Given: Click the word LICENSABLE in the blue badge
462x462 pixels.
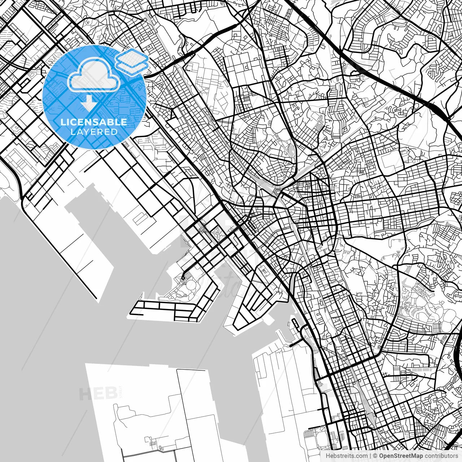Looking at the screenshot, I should pos(94,122).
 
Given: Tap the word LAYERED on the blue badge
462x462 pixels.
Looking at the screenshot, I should pos(94,132).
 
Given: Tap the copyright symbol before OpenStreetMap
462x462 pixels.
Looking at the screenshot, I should pos(375,456).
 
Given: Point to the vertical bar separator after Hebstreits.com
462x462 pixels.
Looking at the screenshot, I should pos(371,456).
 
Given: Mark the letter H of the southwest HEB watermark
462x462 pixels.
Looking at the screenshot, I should pos(84,394).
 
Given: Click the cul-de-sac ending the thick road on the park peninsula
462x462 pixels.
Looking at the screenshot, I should pos(183,278).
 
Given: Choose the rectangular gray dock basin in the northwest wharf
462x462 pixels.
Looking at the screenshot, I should pos(139,219).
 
